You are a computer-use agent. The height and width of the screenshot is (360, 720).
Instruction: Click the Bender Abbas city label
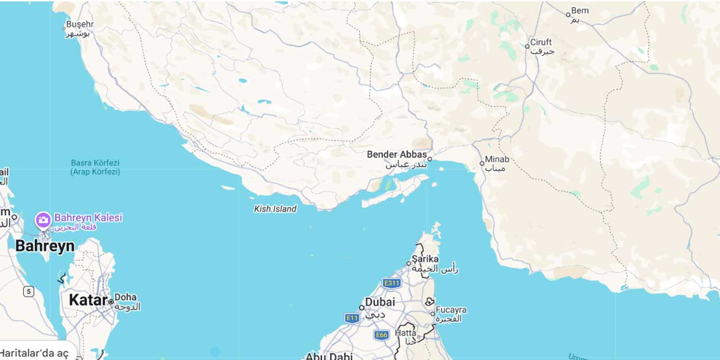tap(397, 155)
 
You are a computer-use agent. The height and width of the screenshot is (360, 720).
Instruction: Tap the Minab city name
tap(497, 159)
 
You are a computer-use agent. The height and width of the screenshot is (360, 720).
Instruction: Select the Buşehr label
tap(79, 25)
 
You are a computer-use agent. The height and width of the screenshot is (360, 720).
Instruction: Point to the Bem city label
tap(580, 11)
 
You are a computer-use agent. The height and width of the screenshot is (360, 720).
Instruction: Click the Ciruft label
tap(541, 42)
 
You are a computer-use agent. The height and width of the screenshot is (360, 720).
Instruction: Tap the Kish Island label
tap(275, 209)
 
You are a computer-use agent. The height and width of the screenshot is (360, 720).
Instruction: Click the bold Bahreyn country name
tap(44, 246)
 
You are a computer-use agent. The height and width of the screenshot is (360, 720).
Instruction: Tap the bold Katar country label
tap(88, 300)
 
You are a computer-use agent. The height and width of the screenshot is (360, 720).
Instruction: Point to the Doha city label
tap(125, 297)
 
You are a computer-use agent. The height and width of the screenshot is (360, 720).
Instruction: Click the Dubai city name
tap(380, 302)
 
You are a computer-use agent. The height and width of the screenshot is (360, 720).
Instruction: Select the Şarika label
tap(425, 259)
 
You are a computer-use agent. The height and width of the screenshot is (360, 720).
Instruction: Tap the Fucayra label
tap(451, 310)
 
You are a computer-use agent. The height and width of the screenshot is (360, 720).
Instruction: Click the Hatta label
tap(406, 333)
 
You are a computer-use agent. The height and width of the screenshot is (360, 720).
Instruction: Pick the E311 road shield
tap(391, 283)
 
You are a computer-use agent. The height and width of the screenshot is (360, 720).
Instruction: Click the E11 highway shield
tap(352, 318)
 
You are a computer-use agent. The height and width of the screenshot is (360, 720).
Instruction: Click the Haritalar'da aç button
tap(35, 353)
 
